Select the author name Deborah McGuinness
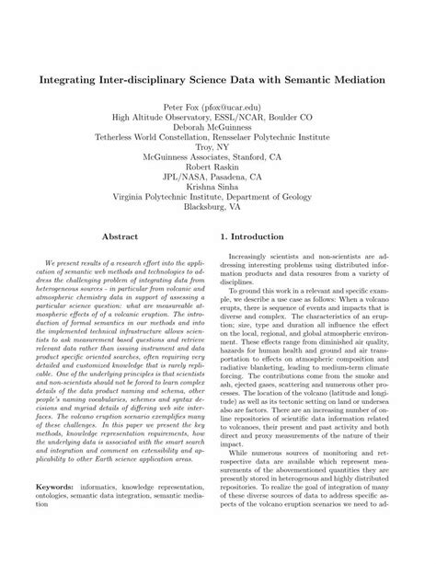point(218,130)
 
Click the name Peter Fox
point(182,107)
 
